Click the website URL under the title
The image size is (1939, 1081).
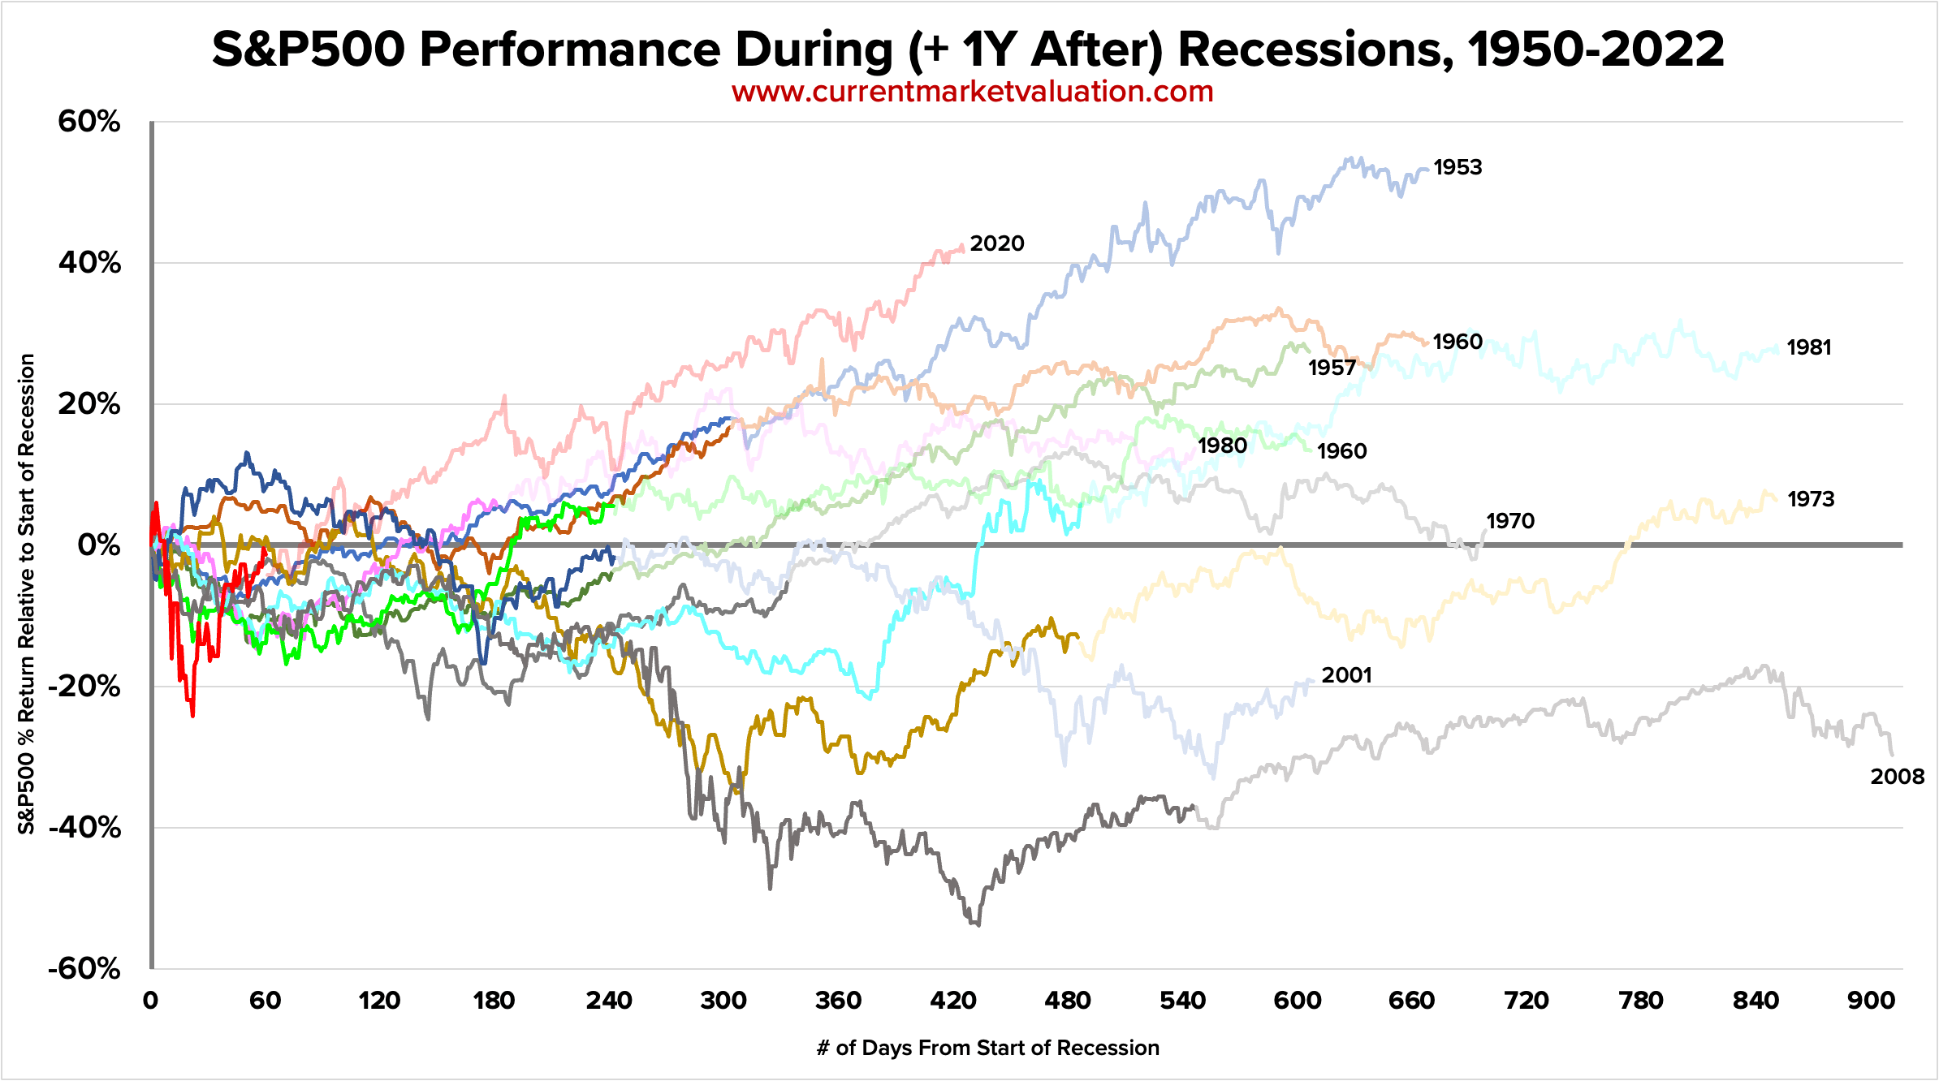click(972, 92)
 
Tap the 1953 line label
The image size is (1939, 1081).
click(1457, 167)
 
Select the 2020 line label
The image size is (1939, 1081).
click(997, 243)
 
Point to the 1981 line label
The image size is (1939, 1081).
click(1809, 347)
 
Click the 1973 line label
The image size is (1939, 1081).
click(1811, 499)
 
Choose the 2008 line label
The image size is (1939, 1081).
click(1897, 777)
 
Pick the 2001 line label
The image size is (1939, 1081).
click(1346, 675)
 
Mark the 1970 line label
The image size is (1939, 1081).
click(1510, 521)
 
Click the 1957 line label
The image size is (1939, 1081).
click(1332, 368)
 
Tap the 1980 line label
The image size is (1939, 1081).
click(1222, 446)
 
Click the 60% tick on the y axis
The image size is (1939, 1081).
click(89, 122)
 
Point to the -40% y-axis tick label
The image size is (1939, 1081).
click(84, 828)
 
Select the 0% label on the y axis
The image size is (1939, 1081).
click(99, 545)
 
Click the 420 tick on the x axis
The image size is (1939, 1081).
click(953, 1000)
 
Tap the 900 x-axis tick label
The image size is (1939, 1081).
click(1871, 1000)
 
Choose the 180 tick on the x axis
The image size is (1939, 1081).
click(494, 1000)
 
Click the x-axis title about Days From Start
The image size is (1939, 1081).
click(987, 1048)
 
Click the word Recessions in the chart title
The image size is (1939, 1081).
click(1314, 50)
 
